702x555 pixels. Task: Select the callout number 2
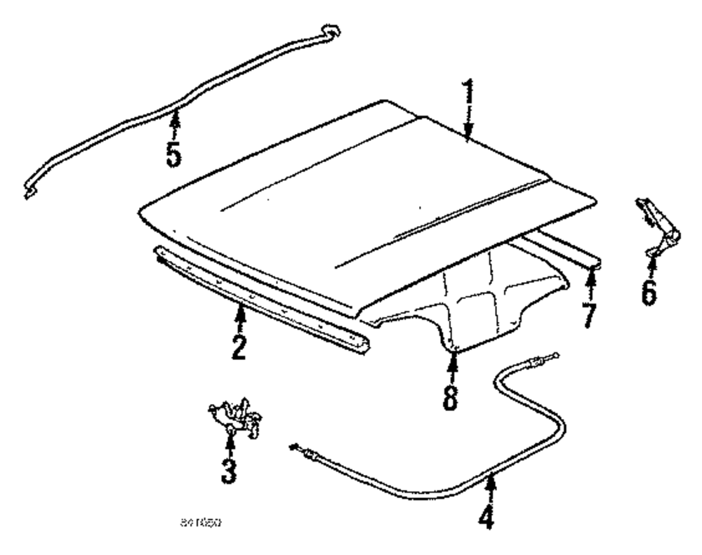pyautogui.click(x=239, y=345)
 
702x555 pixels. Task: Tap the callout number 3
pyautogui.click(x=229, y=469)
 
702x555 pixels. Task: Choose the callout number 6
pyautogui.click(x=649, y=290)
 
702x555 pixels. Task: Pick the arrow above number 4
pyautogui.click(x=490, y=486)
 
